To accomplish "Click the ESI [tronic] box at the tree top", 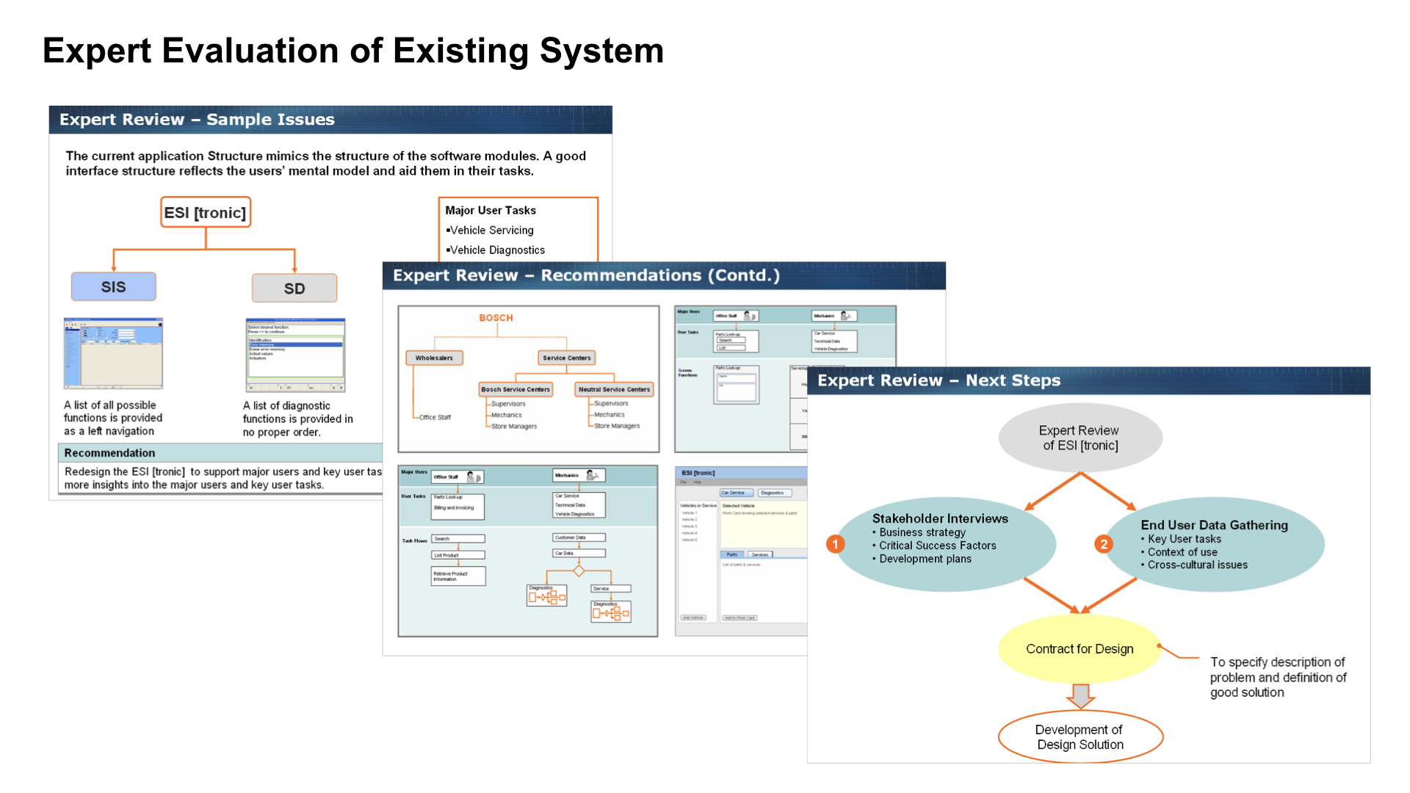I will point(206,212).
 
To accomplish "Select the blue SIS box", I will point(113,286).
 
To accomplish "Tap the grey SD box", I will point(294,288).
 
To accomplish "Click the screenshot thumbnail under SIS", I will point(113,352).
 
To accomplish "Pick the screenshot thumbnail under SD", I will point(295,355).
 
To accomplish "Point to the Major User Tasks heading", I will point(491,210).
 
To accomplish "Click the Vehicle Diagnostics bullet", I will point(496,250).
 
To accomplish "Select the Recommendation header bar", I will point(220,453).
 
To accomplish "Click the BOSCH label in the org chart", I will point(496,318).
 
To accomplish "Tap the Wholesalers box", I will point(434,358).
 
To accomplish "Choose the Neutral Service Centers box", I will point(614,389).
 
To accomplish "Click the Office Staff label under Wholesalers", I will point(435,417).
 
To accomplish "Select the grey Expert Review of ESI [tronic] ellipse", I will point(1080,438).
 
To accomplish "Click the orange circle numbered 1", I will point(835,544).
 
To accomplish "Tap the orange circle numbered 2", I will point(1103,544).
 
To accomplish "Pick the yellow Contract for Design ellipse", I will point(1080,648).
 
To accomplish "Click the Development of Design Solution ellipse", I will point(1080,736).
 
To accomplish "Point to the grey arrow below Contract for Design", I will point(1080,695).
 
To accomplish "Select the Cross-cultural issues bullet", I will point(1197,565).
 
